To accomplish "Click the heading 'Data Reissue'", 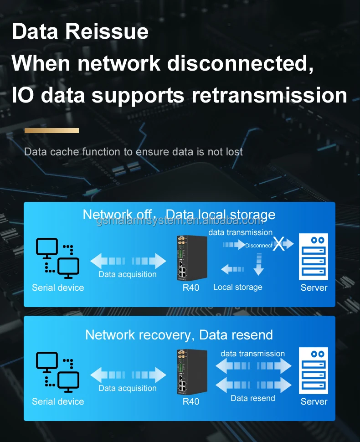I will coord(80,32).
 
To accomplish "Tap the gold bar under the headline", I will coord(51,130).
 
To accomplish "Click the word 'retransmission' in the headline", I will coord(269,96).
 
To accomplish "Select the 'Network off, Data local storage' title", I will coord(179,214).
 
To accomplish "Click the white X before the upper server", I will coord(279,245).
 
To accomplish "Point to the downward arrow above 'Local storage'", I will coord(258,264).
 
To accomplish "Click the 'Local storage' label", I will coord(237,287).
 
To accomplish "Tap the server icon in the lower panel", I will coord(314,370).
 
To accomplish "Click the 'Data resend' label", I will coord(252,398).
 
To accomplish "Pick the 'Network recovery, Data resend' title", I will coord(179,335).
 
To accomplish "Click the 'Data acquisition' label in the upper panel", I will coord(128,274).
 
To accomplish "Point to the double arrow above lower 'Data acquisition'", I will coord(129,375).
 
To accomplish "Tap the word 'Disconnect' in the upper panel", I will coord(258,245).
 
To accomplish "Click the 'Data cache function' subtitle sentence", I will coord(134,152).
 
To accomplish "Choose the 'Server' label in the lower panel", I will coord(314,401).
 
